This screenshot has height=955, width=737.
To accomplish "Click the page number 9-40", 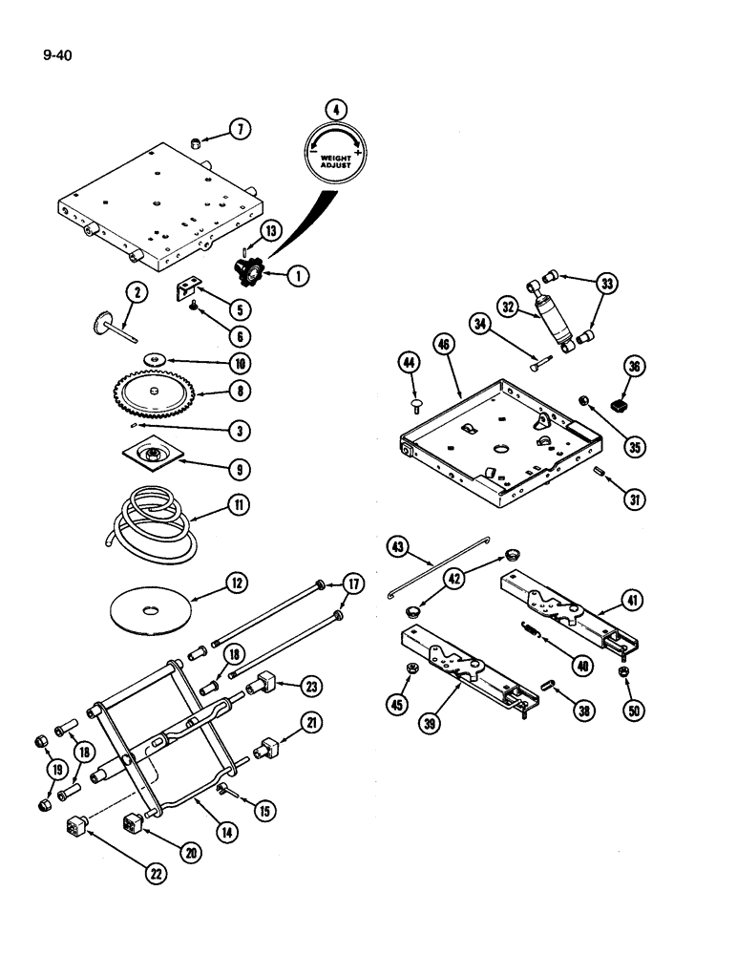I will pos(57,55).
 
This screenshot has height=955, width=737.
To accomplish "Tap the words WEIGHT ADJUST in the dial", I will pos(335,160).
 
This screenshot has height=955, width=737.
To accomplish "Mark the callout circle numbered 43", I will pos(398,547).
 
